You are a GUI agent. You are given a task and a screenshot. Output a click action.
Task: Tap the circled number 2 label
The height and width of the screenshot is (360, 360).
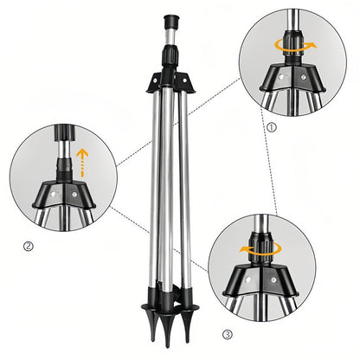(x=28, y=246)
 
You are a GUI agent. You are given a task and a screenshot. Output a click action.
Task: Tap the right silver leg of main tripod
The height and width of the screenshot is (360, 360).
(x=184, y=199)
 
